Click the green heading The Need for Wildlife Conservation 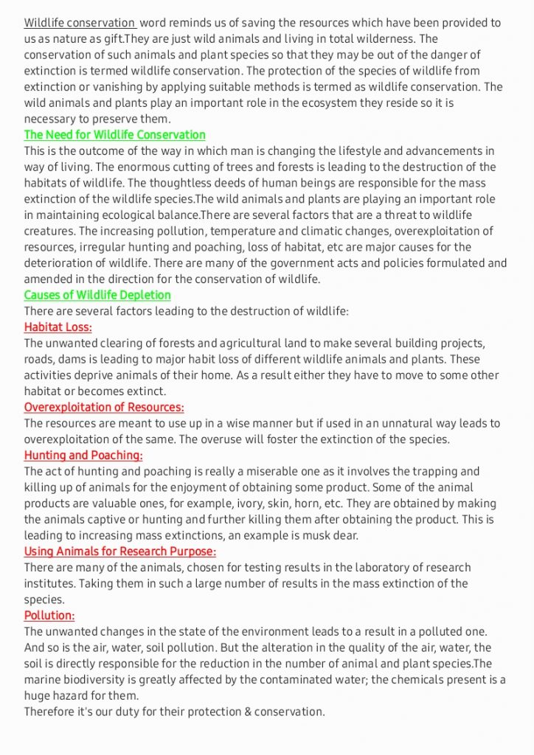pyautogui.click(x=114, y=135)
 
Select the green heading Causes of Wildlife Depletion pyautogui.click(x=97, y=295)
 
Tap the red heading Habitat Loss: pyautogui.click(x=58, y=327)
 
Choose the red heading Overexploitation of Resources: pyautogui.click(x=104, y=407)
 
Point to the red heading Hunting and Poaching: pyautogui.click(x=83, y=456)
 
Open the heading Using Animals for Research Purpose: pyautogui.click(x=120, y=552)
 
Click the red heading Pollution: pyautogui.click(x=49, y=616)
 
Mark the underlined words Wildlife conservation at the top pyautogui.click(x=80, y=23)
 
